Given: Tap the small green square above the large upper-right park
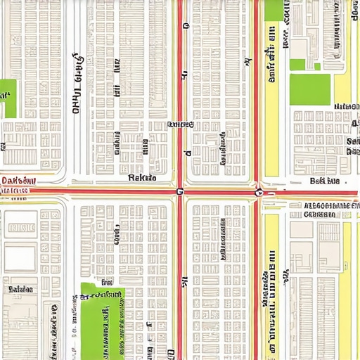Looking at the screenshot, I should click(297, 64).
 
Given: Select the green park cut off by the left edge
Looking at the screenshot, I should click(8, 98).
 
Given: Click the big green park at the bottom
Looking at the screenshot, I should click(101, 323).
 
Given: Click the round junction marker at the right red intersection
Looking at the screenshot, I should click(259, 191).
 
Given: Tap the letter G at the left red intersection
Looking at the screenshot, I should click(179, 191).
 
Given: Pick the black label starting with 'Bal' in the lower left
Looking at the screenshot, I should click(20, 289).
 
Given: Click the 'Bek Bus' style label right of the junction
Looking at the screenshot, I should click(325, 181).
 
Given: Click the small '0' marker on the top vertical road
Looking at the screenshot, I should click(186, 26).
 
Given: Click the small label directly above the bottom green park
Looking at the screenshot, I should click(105, 283).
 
